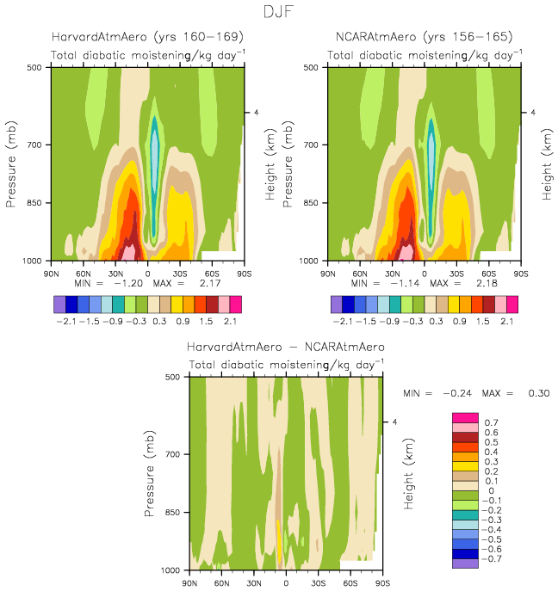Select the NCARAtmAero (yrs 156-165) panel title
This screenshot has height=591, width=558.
point(425,37)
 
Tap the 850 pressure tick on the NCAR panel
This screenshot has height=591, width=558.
point(314,203)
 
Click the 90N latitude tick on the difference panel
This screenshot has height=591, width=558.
point(189,582)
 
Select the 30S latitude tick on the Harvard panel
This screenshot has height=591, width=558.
point(178,273)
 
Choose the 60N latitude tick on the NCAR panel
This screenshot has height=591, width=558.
point(360,273)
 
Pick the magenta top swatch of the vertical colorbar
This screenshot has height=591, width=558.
point(465,417)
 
